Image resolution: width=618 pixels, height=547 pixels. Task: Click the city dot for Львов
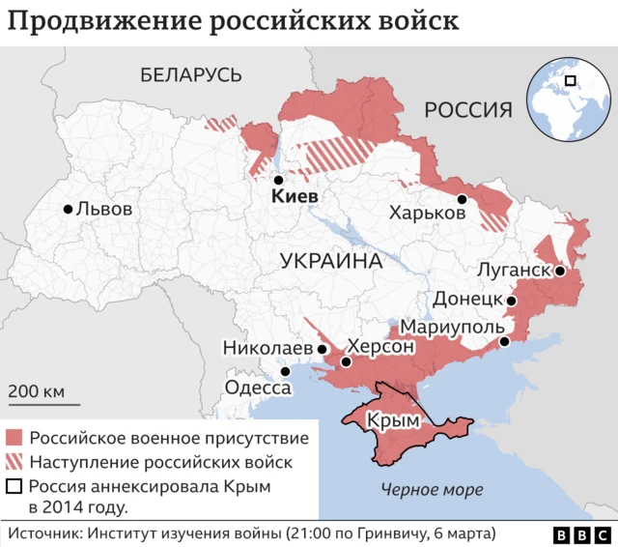(68, 209)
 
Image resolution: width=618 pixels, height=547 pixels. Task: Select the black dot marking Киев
(277, 181)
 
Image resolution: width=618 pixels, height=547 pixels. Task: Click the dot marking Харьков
(463, 199)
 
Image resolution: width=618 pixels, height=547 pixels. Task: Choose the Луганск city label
(514, 271)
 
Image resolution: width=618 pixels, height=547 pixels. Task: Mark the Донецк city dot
(512, 302)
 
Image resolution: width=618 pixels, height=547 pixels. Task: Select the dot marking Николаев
(322, 347)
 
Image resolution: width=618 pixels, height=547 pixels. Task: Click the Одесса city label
(258, 388)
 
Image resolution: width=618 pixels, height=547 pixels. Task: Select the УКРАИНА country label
(331, 261)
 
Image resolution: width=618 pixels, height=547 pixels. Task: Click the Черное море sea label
(432, 489)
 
